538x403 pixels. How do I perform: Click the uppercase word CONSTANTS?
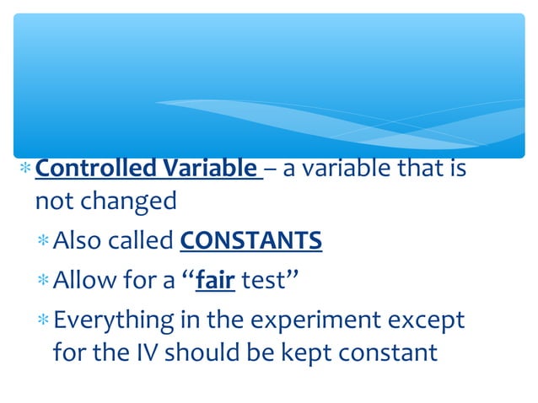pos(251,243)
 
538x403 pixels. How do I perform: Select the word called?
pos(141,243)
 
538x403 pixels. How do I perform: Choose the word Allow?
pos(81,280)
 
